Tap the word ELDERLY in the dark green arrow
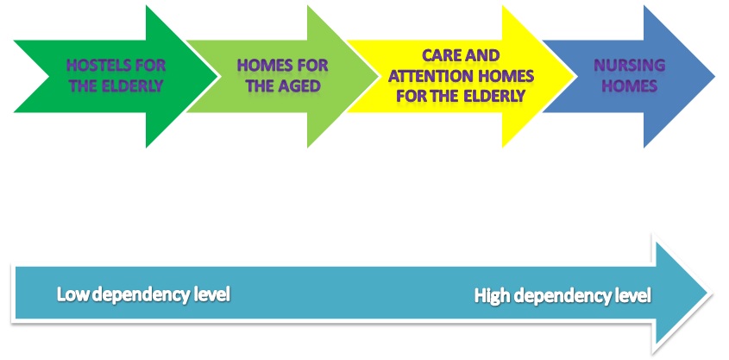tap(133, 86)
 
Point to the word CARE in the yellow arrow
tap(441, 55)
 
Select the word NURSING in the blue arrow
tap(630, 65)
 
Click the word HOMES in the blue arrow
tap(630, 86)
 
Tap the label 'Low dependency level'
tap(144, 296)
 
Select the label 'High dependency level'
tap(562, 296)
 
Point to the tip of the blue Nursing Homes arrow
tap(714, 77)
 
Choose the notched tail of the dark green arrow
tap(49, 77)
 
